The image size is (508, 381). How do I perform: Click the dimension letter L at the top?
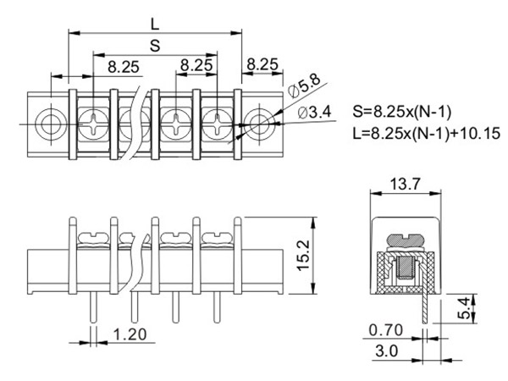pos(154,21)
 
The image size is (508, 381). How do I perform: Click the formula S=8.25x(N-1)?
pos(405,112)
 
